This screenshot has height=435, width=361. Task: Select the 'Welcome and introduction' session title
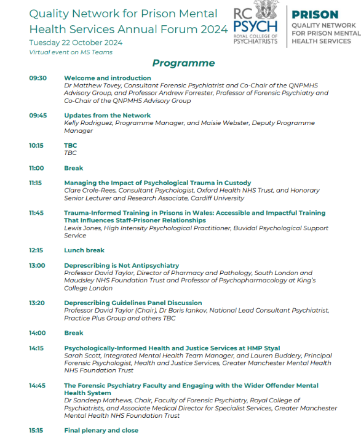click(107, 78)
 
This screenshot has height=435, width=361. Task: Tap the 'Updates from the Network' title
click(107, 115)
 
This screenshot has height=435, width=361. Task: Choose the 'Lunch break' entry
click(84, 250)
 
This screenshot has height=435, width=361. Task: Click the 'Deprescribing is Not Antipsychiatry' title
click(121, 265)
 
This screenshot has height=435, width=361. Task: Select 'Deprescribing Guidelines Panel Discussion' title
click(133, 303)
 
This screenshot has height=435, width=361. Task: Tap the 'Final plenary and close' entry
click(101, 430)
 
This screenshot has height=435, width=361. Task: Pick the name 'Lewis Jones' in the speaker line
click(81, 228)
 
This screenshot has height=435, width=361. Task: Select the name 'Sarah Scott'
click(81, 356)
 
